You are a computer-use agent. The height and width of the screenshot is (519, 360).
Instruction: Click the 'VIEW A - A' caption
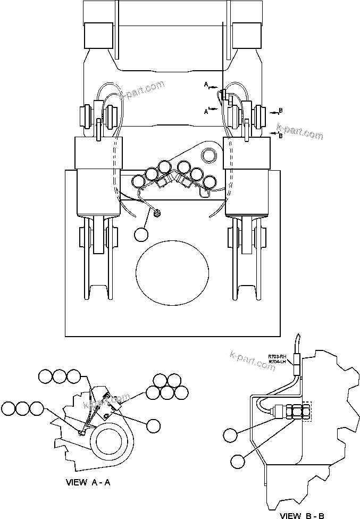point(88,483)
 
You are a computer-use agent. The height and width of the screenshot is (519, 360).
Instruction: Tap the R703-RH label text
point(277,356)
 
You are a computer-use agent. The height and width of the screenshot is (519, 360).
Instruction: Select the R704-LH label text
point(277,362)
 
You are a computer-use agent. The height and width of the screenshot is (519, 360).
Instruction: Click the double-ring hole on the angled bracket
point(209,155)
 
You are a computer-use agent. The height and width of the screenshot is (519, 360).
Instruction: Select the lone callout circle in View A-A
point(153,424)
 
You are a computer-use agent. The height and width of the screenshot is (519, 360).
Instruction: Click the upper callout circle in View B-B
point(230,435)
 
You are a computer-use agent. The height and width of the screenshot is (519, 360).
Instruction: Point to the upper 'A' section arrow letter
point(205,85)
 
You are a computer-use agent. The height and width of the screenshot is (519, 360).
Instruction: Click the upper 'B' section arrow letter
point(281,111)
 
